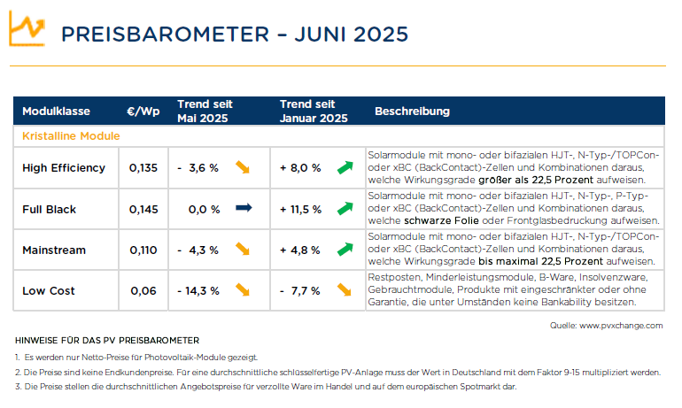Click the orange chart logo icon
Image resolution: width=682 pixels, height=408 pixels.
pyautogui.click(x=27, y=28)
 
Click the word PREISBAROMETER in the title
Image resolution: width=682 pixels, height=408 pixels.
pyautogui.click(x=166, y=35)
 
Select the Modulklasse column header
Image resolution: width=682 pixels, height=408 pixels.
pyautogui.click(x=56, y=112)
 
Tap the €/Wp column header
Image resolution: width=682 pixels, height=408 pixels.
pyautogui.click(x=143, y=112)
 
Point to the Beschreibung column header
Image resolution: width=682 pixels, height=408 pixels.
pyautogui.click(x=413, y=112)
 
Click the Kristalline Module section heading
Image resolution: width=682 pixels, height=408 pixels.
pyautogui.click(x=71, y=136)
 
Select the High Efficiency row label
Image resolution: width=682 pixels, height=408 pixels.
pyautogui.click(x=64, y=168)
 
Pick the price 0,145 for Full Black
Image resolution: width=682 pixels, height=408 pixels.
pyautogui.click(x=143, y=210)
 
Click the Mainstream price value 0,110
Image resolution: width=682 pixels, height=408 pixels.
pyautogui.click(x=143, y=250)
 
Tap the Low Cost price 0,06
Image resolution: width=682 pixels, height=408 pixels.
pyautogui.click(x=143, y=291)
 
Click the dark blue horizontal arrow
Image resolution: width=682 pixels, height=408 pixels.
pyautogui.click(x=244, y=208)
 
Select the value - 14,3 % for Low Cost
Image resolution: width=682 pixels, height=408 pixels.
pyautogui.click(x=198, y=291)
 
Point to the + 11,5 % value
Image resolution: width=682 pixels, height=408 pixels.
pyautogui.click(x=300, y=210)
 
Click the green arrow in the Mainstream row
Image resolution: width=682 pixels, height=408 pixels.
pyautogui.click(x=345, y=249)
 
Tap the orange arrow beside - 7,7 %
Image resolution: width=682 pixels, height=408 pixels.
pyautogui.click(x=344, y=289)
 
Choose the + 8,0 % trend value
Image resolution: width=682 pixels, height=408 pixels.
pyautogui.click(x=300, y=168)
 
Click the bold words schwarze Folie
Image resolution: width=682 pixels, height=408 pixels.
pyautogui.click(x=441, y=220)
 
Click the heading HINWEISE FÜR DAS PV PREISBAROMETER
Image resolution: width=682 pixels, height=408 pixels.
pyautogui.click(x=107, y=341)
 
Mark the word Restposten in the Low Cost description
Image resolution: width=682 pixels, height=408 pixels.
pyautogui.click(x=394, y=277)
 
